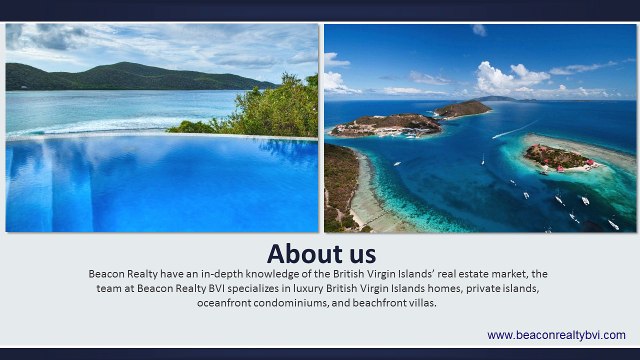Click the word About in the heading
(304, 252)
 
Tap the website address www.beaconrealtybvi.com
(556, 335)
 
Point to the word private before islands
(483, 288)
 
